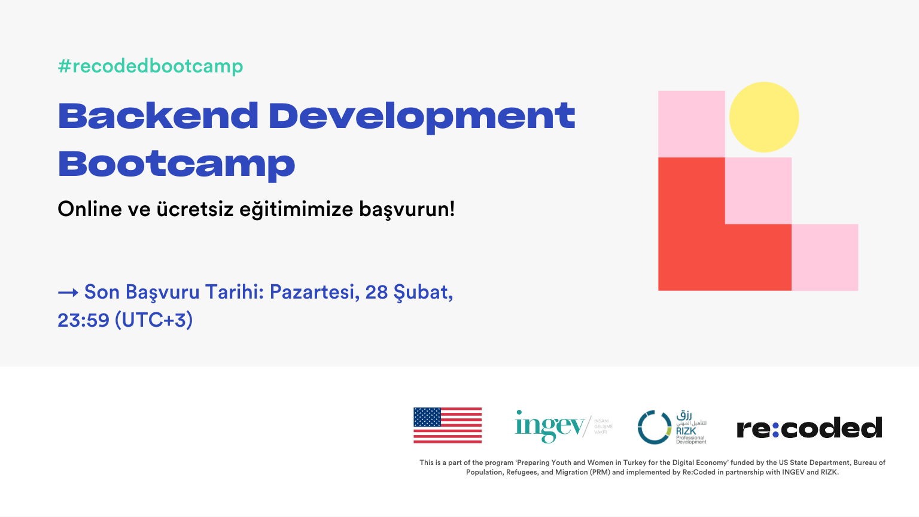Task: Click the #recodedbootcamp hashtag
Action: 150,66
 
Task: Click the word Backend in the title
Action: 158,115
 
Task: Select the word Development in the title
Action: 422,117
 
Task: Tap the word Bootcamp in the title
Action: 177,165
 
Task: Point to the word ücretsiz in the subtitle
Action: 195,209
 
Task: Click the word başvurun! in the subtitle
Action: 407,209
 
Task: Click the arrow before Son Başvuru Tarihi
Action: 68,293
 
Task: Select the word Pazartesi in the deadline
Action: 314,292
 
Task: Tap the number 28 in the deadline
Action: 376,292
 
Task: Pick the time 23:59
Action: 83,320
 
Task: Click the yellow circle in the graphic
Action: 764,117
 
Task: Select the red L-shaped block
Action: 694,239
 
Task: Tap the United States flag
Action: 448,425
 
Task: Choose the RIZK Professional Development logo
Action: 672,427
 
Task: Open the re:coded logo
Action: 809,428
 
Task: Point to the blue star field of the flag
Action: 427,417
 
